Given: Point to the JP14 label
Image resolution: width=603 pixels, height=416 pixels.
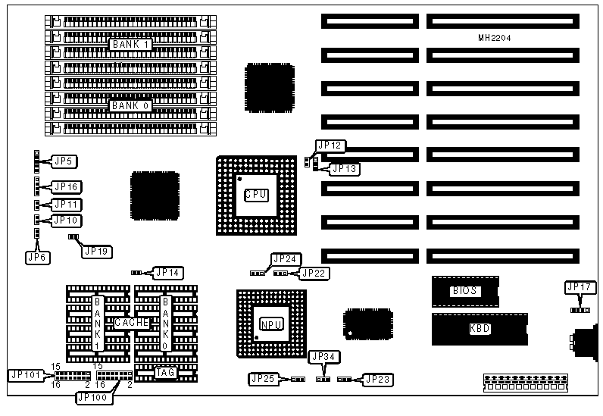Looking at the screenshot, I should (168, 271).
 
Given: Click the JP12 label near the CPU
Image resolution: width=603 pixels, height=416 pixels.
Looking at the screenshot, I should (331, 145).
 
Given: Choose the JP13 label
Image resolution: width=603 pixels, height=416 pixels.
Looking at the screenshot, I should (345, 169).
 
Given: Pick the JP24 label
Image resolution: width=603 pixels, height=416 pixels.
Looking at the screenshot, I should (286, 258).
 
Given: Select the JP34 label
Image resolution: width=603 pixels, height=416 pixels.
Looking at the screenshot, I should (324, 356).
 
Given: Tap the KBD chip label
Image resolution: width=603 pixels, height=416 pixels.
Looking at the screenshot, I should (480, 330).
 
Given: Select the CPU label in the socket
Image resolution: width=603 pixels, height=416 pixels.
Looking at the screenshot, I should (256, 195).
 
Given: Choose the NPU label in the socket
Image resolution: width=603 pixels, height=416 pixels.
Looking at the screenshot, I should (271, 324).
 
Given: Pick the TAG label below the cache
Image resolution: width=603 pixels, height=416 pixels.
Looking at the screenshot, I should (165, 371).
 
